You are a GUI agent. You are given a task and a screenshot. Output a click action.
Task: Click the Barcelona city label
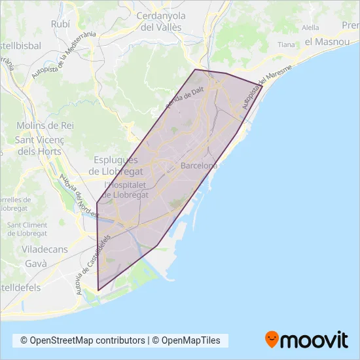(x=198, y=166)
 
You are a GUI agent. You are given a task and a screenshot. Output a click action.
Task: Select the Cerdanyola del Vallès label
(x=160, y=22)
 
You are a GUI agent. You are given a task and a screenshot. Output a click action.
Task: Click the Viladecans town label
(x=31, y=249)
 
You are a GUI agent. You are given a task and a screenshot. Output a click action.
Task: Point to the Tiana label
(x=286, y=45)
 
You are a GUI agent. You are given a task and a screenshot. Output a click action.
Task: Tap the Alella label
(x=310, y=27)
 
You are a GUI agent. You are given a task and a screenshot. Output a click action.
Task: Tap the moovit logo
(x=306, y=340)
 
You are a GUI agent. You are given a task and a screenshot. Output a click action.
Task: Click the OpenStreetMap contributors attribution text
(x=82, y=340)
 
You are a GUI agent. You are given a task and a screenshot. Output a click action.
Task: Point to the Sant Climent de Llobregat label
(x=27, y=229)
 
